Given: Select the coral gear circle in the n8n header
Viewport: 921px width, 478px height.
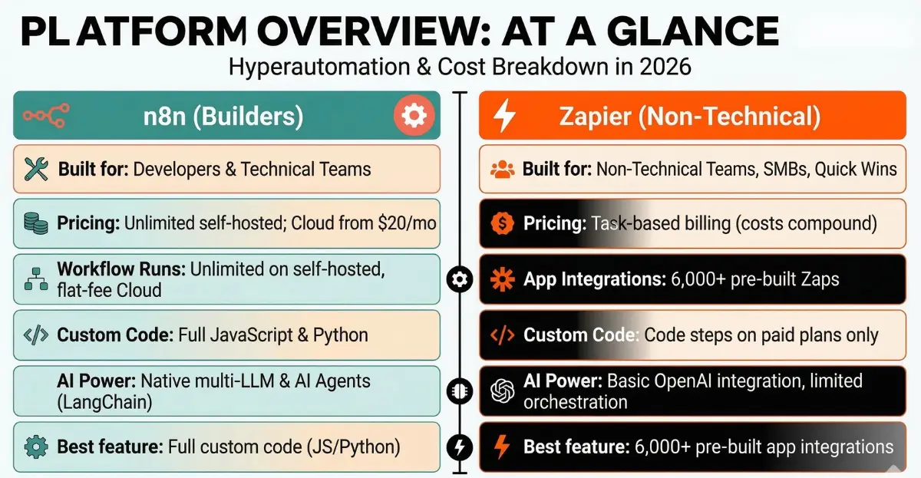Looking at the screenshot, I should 414,115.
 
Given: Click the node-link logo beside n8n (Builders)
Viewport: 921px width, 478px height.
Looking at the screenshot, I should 45,116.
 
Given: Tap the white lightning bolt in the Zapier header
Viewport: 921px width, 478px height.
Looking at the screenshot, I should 505,116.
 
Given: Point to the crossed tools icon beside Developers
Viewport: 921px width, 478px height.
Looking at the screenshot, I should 36,168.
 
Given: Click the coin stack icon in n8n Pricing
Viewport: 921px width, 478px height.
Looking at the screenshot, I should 36,224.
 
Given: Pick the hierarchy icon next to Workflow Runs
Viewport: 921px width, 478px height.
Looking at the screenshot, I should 35,279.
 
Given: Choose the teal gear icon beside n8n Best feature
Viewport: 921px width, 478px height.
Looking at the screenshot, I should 35,446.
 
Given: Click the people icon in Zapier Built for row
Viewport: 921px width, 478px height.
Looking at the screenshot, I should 503,169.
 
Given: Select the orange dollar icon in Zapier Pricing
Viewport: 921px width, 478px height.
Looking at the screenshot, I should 502,224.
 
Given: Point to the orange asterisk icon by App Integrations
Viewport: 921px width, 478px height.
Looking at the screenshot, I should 503,279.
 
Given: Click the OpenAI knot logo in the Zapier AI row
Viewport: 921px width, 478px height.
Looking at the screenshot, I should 502,391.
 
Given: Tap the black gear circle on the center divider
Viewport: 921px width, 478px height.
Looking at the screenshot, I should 460,279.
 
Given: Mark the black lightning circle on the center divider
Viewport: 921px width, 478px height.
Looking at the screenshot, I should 460,447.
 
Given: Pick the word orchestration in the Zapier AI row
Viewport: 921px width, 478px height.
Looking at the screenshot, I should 575,401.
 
